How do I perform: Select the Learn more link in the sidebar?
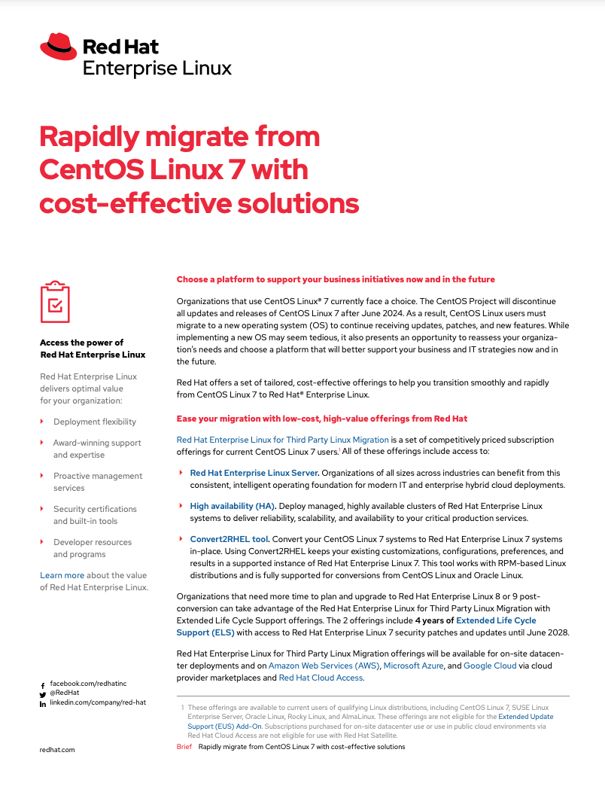[62, 575]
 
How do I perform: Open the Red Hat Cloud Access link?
[321, 678]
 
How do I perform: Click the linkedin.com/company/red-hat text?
[97, 702]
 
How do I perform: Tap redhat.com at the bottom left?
[57, 750]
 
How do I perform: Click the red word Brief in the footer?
[184, 747]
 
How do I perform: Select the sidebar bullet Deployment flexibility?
[95, 422]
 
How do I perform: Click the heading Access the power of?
[81, 343]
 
